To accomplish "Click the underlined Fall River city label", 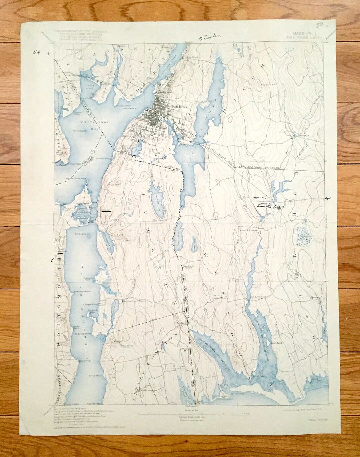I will [x=180, y=107].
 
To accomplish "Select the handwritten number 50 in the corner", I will [x=319, y=25].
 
